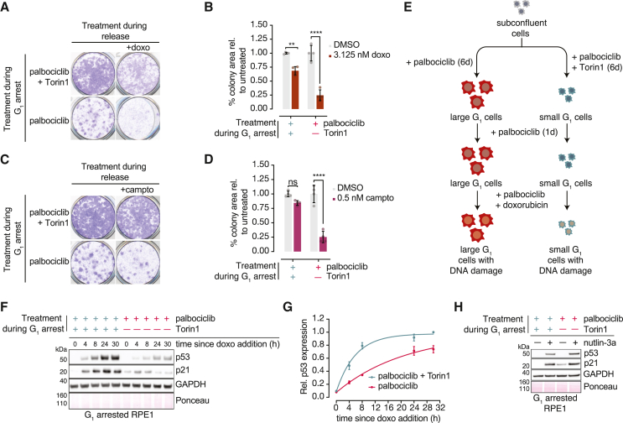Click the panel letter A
pyautogui.click(x=8, y=8)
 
